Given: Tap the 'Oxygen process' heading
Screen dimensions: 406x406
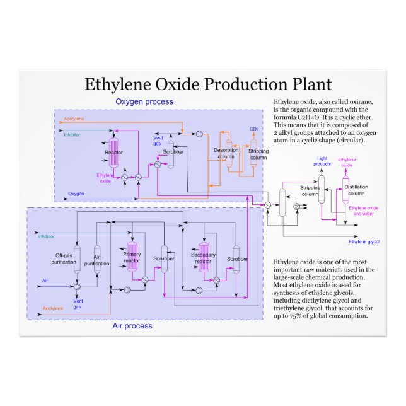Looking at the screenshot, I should point(144,101).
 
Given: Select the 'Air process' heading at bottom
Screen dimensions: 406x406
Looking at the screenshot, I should point(132,326).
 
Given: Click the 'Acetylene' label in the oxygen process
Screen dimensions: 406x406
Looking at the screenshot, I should point(73,119).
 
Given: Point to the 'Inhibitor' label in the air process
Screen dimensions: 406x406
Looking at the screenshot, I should point(46,236).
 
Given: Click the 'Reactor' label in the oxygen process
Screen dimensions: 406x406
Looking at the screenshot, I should point(113,153).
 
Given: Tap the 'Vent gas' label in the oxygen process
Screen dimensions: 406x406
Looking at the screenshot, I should point(157,140).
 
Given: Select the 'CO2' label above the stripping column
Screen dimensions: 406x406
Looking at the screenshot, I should point(254,129).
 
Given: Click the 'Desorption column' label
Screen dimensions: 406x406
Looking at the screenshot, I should point(226,153).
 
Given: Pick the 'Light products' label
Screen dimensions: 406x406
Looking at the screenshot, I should point(322,161).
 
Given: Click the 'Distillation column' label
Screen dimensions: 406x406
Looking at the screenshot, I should point(356,190).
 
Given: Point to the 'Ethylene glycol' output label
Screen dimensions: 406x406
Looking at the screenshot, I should point(364,241).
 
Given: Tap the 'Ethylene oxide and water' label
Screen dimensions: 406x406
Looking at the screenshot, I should point(364,211).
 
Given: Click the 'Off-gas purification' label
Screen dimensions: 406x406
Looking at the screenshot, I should point(64,258).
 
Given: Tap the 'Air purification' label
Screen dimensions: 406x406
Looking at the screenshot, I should point(96,260).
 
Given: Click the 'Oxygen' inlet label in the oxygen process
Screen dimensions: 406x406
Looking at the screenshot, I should point(76,194).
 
